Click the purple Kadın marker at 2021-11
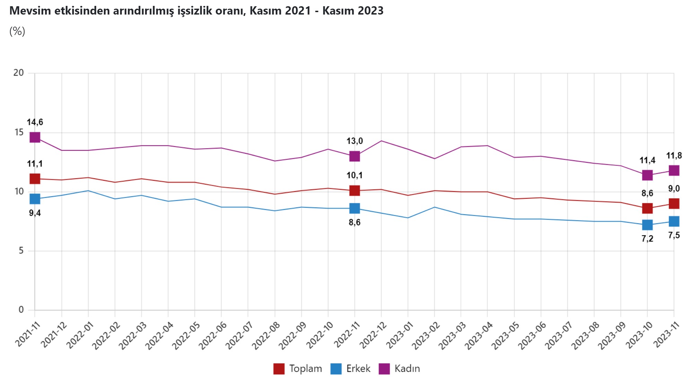(35, 137)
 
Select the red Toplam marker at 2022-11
(354, 190)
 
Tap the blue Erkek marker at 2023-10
(647, 225)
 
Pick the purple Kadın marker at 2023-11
(674, 170)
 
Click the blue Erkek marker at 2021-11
(35, 199)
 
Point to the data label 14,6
(35, 122)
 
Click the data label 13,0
(354, 141)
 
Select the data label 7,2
(647, 239)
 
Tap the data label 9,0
(674, 189)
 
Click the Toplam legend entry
(298, 369)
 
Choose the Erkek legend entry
(351, 369)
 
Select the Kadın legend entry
(400, 369)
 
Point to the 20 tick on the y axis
(19, 73)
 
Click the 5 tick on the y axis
(21, 250)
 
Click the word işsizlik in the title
(195, 11)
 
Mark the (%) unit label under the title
(17, 31)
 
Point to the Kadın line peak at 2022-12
(381, 141)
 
